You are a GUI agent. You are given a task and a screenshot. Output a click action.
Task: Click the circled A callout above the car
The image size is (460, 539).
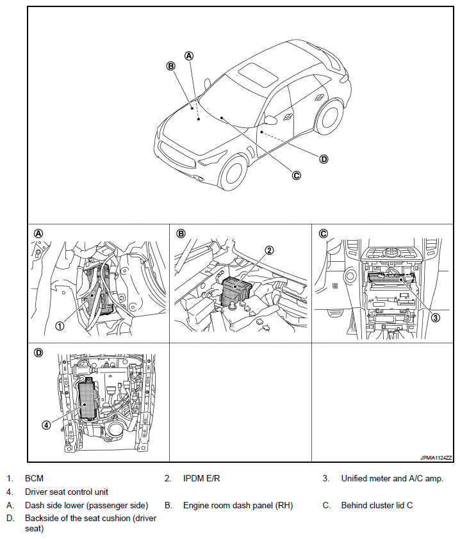[x=189, y=55]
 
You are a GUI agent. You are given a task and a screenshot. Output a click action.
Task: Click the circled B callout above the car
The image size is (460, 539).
[x=171, y=65]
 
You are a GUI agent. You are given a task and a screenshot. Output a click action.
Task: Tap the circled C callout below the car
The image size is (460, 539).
[x=296, y=175]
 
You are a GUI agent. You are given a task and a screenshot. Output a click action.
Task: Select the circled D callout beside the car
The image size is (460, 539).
[x=324, y=159]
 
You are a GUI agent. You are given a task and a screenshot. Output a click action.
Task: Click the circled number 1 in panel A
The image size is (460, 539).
[x=60, y=325]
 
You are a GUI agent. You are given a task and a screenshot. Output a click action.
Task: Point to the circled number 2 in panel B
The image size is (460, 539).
[x=270, y=250]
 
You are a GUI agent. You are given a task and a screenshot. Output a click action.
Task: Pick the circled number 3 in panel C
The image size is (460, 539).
[x=435, y=317]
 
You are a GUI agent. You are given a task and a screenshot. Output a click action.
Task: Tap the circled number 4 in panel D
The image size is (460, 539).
[x=46, y=424]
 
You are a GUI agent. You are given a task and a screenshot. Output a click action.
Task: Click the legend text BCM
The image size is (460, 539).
[x=34, y=478]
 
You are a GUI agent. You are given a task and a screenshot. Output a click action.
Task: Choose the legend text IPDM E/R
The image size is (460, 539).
[x=202, y=478]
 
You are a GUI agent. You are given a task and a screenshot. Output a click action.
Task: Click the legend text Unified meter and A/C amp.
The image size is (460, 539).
[x=392, y=478]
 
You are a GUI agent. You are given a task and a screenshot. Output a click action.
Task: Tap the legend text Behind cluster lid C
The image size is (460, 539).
[x=377, y=505]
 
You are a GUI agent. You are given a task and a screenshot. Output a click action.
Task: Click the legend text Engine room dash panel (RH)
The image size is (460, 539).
[x=238, y=505]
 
